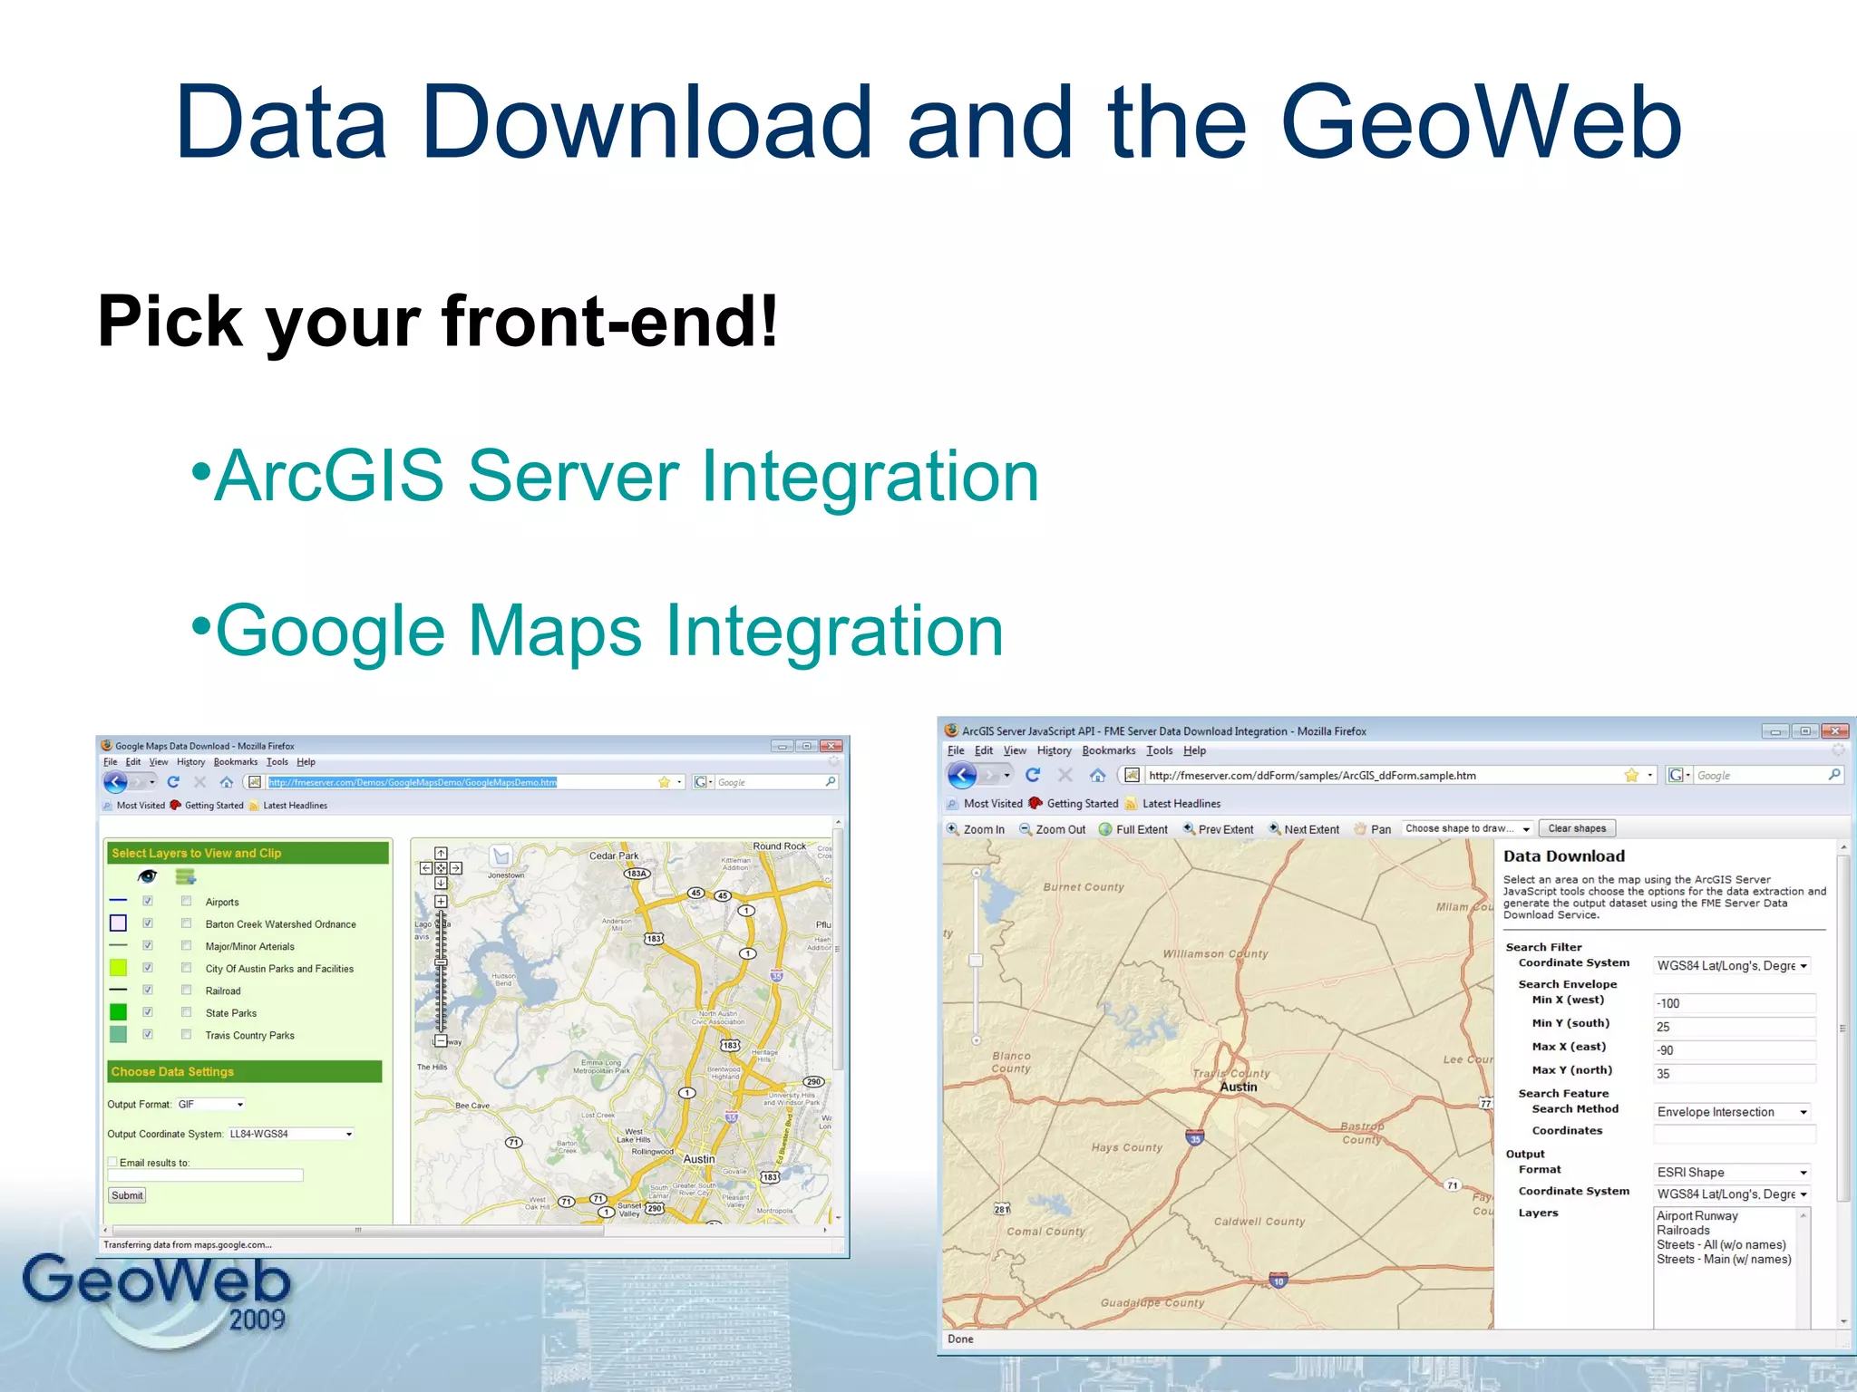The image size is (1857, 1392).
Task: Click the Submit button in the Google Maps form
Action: coord(127,1195)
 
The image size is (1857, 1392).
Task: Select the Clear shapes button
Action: coord(1576,828)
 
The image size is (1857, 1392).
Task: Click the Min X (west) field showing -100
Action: coord(1733,1003)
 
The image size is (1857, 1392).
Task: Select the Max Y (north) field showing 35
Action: coord(1733,1074)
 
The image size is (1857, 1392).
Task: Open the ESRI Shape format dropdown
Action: coord(1731,1172)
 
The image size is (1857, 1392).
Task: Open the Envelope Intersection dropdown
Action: coord(1731,1112)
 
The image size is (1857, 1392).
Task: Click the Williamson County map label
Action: coord(1215,953)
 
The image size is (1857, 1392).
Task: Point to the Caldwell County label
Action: coord(1259,1222)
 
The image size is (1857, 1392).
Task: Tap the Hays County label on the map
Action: coord(1126,1147)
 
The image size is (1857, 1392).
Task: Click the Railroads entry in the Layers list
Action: coord(1683,1231)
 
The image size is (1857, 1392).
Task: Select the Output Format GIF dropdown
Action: coord(210,1104)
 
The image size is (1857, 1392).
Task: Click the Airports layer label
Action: coord(222,902)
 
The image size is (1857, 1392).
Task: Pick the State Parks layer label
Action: coord(230,1013)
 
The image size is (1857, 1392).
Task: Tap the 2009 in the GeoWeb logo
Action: coord(257,1319)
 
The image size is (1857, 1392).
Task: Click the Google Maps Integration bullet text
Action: coord(608,631)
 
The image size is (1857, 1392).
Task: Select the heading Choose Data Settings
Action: coord(172,1071)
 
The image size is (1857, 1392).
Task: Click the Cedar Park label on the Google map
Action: coord(614,855)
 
